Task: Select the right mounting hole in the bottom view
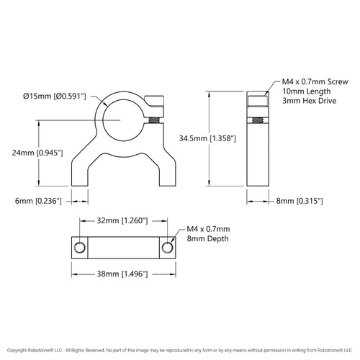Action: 168,247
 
